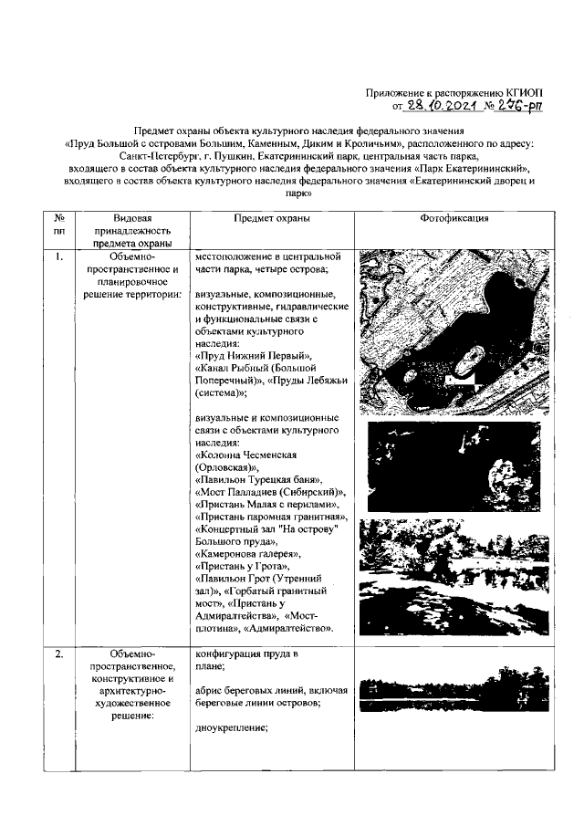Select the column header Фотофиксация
coord(454,219)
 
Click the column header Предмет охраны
coord(271,219)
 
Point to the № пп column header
coord(59,225)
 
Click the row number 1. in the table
coord(58,256)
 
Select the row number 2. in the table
coord(58,654)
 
